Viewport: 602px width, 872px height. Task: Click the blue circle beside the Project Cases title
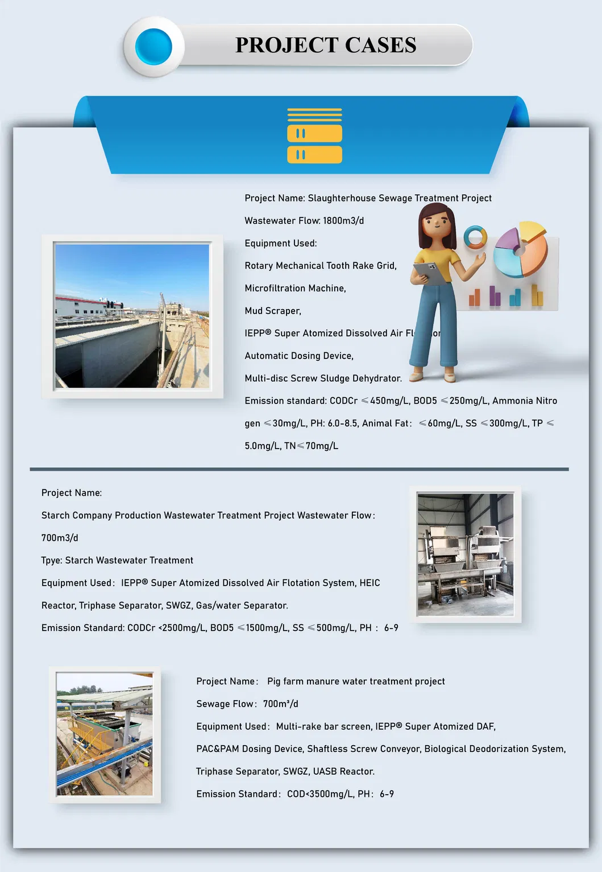pyautogui.click(x=153, y=46)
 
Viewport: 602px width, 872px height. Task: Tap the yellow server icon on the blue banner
pyautogui.click(x=314, y=136)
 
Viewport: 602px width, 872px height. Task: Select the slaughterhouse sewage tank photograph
pyautogui.click(x=132, y=316)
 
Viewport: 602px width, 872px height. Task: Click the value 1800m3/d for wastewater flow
pyautogui.click(x=343, y=221)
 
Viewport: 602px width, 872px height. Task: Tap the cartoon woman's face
pyautogui.click(x=437, y=225)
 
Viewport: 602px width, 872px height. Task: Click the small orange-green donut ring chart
pyautogui.click(x=475, y=237)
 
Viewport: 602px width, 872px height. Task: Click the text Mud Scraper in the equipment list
pyautogui.click(x=273, y=311)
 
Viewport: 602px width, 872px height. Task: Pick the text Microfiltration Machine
pyautogui.click(x=295, y=289)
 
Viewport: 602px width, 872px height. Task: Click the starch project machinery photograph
pyautogui.click(x=465, y=554)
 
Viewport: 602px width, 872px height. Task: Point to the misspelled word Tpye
pyautogui.click(x=51, y=561)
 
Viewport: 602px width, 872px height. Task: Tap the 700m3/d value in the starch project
pyautogui.click(x=60, y=538)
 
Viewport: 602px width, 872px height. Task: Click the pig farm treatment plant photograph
pyautogui.click(x=105, y=734)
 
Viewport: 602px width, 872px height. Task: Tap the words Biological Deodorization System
pyautogui.click(x=494, y=749)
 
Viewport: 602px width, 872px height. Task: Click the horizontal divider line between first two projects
pyautogui.click(x=299, y=469)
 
